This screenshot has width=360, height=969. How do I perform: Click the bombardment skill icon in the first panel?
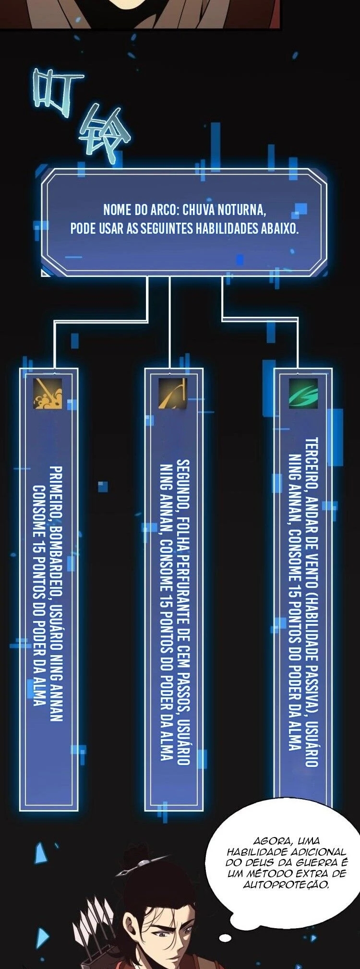coord(47,394)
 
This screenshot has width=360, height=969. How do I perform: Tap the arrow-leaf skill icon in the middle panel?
coord(172,394)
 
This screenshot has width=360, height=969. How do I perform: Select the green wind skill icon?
coord(303,394)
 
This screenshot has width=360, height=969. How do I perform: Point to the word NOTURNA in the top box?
coord(241,210)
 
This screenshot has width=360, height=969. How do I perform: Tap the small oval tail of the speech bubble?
coord(225,937)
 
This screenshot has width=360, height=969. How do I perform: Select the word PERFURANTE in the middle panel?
coord(183,583)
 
